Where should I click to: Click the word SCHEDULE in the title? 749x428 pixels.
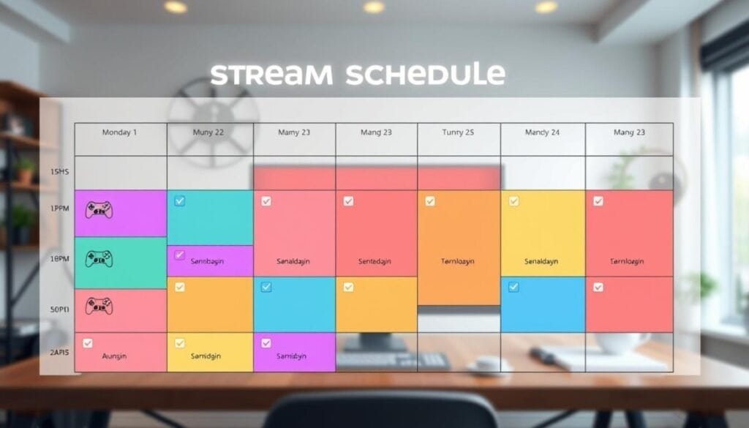[426, 75]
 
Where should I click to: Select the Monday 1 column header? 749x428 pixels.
[119, 132]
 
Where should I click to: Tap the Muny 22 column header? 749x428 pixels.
[208, 132]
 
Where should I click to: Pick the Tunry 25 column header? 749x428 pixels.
[458, 132]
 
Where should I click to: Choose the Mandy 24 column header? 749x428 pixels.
[542, 132]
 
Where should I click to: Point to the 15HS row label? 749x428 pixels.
[60, 172]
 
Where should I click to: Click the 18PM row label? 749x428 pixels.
[60, 259]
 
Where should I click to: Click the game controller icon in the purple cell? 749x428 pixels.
[99, 211]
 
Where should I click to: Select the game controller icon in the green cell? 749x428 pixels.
[99, 258]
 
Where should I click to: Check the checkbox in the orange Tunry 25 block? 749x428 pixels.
[430, 200]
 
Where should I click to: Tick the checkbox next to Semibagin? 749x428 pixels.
[179, 255]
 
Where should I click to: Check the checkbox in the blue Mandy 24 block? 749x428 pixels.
[513, 287]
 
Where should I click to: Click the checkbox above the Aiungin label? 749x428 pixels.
[88, 342]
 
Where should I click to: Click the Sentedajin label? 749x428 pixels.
[377, 261]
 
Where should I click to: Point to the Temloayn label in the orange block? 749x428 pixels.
[459, 261]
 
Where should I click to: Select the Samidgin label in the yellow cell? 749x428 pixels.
[208, 356]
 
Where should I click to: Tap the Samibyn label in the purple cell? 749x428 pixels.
[292, 356]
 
